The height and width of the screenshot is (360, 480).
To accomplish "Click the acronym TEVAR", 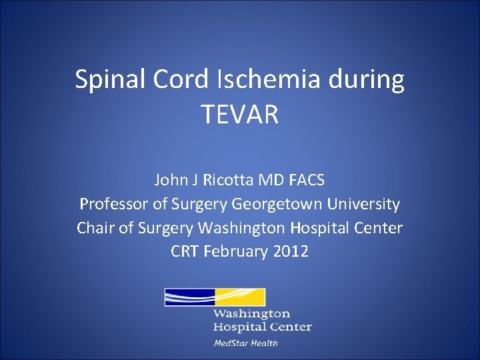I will [239, 114].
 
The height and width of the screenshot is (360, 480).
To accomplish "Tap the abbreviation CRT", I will [185, 252].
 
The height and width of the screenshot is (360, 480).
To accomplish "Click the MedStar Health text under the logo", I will [245, 343].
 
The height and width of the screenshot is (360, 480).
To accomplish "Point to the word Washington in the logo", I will [252, 313].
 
